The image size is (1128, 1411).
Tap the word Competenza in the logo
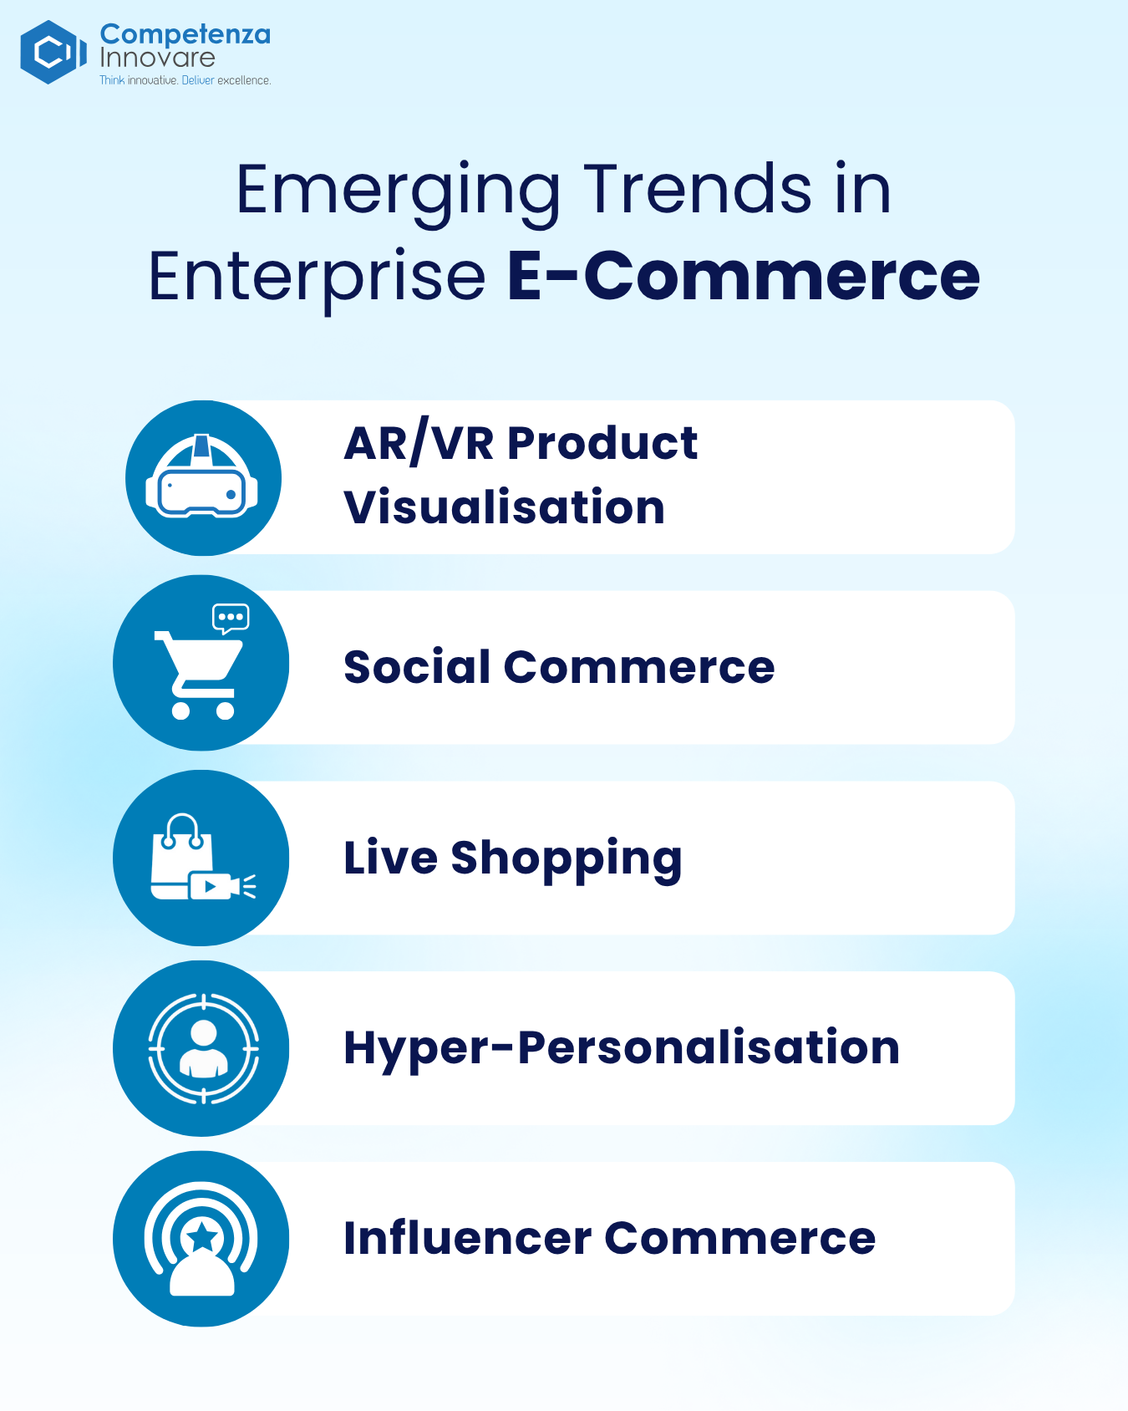pyautogui.click(x=185, y=34)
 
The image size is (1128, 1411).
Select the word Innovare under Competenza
pyautogui.click(x=157, y=58)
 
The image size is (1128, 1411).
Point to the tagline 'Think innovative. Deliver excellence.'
pyautogui.click(x=185, y=80)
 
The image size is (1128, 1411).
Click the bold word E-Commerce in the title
pyautogui.click(x=744, y=276)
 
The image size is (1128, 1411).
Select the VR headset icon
pyautogui.click(x=201, y=476)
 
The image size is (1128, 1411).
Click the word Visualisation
pyautogui.click(x=504, y=507)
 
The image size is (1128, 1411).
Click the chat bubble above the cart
pyautogui.click(x=231, y=619)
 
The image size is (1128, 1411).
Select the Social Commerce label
pyautogui.click(x=559, y=667)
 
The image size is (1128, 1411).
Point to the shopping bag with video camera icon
pyautogui.click(x=203, y=858)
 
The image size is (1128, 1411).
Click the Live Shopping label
pyautogui.click(x=513, y=858)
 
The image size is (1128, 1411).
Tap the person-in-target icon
pyautogui.click(x=203, y=1048)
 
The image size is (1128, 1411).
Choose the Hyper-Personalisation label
pyautogui.click(x=622, y=1047)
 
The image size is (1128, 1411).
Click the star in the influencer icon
pyautogui.click(x=202, y=1236)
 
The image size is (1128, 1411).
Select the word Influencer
pyautogui.click(x=468, y=1238)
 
